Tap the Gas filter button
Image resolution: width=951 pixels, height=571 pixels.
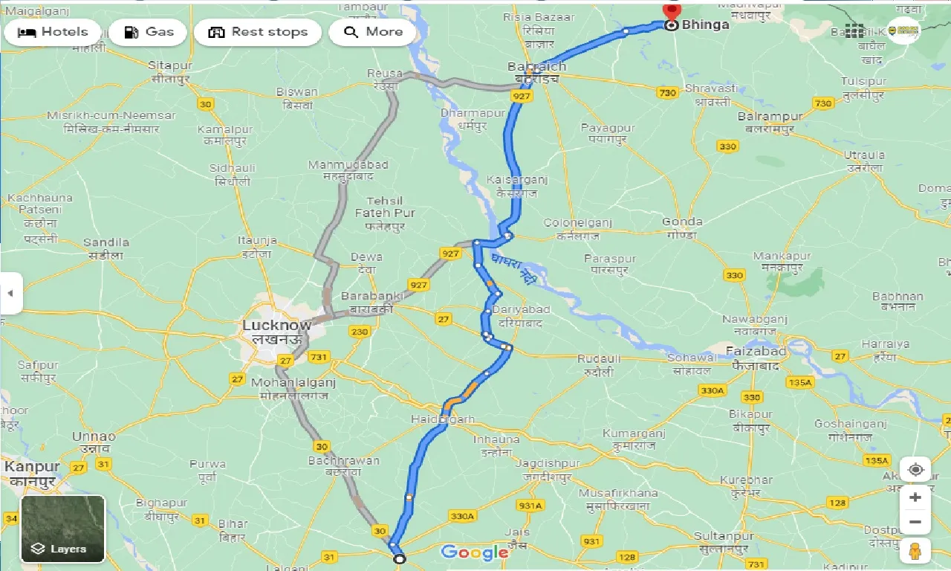pyautogui.click(x=149, y=32)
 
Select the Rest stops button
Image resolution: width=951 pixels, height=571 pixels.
pyautogui.click(x=258, y=32)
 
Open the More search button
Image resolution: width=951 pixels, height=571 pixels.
pyautogui.click(x=372, y=32)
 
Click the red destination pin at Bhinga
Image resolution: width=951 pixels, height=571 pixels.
pyautogui.click(x=672, y=13)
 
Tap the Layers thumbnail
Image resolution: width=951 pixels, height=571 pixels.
pyautogui.click(x=63, y=529)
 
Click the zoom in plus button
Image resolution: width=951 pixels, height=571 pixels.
pyautogui.click(x=915, y=497)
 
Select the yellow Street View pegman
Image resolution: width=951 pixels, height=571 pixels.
pyautogui.click(x=915, y=551)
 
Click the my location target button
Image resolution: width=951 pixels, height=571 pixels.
pyautogui.click(x=915, y=470)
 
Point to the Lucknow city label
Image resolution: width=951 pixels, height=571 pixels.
pyautogui.click(x=276, y=326)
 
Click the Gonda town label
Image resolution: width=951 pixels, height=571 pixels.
pyautogui.click(x=682, y=222)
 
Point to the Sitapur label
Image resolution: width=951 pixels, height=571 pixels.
pyautogui.click(x=170, y=65)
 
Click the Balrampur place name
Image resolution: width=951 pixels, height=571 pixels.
pyautogui.click(x=770, y=117)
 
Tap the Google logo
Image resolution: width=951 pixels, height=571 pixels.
pyautogui.click(x=475, y=552)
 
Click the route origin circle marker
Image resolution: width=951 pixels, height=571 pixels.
pyautogui.click(x=400, y=558)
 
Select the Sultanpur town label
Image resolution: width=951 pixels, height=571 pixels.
pyautogui.click(x=724, y=536)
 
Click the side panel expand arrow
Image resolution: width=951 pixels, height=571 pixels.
pyautogui.click(x=10, y=293)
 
